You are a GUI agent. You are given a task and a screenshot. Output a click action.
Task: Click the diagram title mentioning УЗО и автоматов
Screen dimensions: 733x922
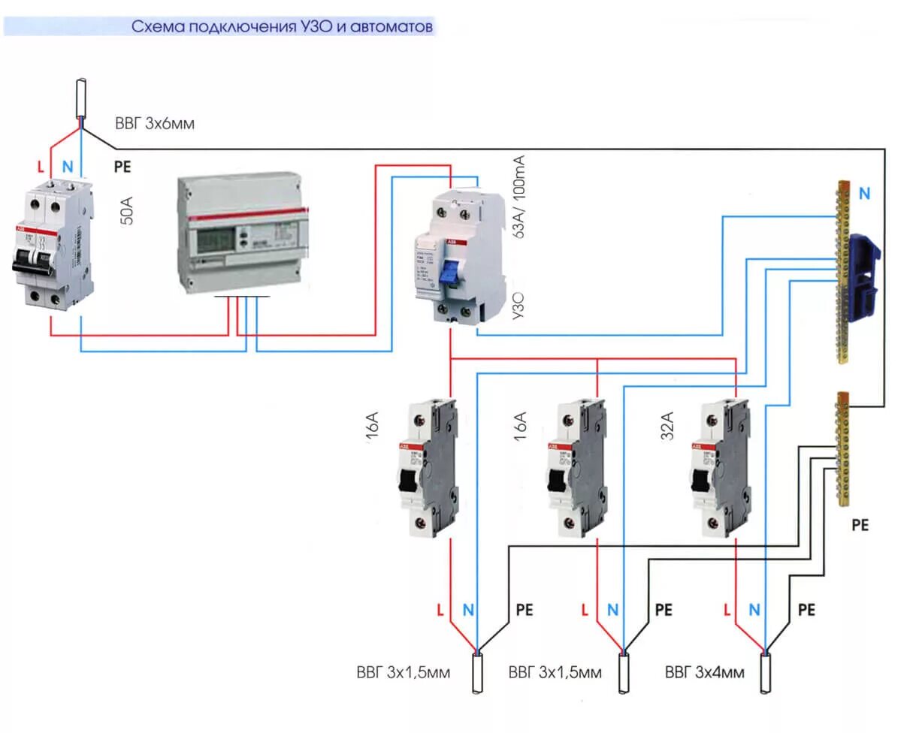click(283, 27)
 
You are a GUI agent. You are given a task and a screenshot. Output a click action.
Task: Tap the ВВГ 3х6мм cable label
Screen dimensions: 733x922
click(155, 124)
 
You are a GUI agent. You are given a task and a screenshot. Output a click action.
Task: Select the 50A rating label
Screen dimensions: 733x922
click(128, 213)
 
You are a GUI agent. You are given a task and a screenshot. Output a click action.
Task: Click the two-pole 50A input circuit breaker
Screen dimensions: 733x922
click(53, 242)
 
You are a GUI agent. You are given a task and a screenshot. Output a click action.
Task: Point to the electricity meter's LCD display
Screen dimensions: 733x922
click(216, 242)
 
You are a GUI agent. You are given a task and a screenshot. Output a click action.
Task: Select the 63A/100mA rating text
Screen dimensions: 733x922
click(518, 197)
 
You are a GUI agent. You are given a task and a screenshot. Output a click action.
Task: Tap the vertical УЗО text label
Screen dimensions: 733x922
click(518, 308)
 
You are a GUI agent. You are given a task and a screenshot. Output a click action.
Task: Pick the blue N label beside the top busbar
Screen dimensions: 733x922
click(864, 194)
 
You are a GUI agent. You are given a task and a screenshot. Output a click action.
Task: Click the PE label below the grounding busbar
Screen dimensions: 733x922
click(860, 526)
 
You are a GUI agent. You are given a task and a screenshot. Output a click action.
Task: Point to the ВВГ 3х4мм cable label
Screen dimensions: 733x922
click(704, 672)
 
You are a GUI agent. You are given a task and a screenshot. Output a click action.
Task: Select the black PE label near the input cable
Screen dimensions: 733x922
click(122, 167)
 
